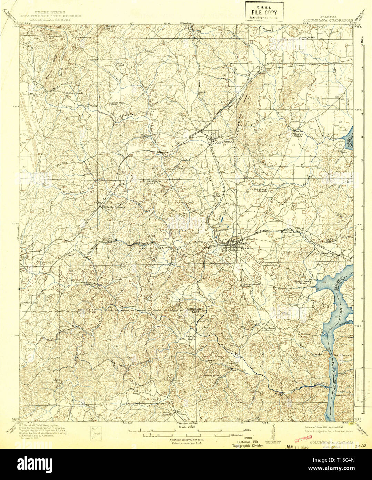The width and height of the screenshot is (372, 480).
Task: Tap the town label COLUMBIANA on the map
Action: tap(224, 142)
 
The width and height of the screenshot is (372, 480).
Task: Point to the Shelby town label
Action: tap(243, 243)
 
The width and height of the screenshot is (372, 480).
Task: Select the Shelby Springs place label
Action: tap(115, 207)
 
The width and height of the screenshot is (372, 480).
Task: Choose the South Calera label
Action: tap(29, 303)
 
